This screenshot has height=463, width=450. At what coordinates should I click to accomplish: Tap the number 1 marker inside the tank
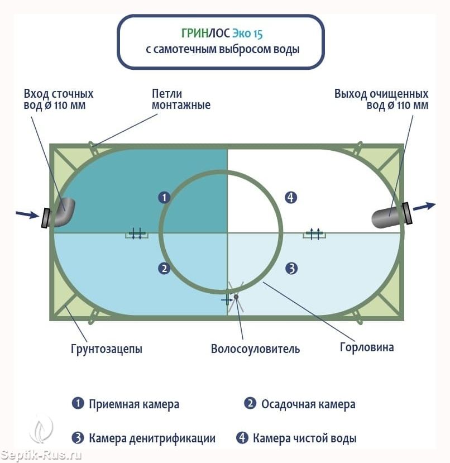pos(164,197)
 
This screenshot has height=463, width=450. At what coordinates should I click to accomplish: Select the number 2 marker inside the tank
pos(164,269)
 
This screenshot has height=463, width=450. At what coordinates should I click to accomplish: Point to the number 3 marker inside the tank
pos(291,269)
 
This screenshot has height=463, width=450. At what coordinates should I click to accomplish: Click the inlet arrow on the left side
pos(26,214)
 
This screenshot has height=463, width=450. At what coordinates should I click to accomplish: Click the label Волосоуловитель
pos(255,349)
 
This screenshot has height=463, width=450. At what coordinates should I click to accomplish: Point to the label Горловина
pos(367,347)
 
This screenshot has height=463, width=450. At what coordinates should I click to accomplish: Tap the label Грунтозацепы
pos(106,349)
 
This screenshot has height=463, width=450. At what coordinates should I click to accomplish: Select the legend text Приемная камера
pos(134,404)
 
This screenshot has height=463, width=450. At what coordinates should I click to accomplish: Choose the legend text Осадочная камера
pos(308,404)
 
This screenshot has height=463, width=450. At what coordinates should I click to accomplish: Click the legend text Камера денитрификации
pos(152,438)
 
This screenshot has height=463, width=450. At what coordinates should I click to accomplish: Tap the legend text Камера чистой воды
pos(304,438)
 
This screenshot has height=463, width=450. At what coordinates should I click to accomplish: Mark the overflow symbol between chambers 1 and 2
pos(136,234)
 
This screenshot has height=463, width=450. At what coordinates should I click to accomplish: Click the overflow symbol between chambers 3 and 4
pos(314,234)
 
